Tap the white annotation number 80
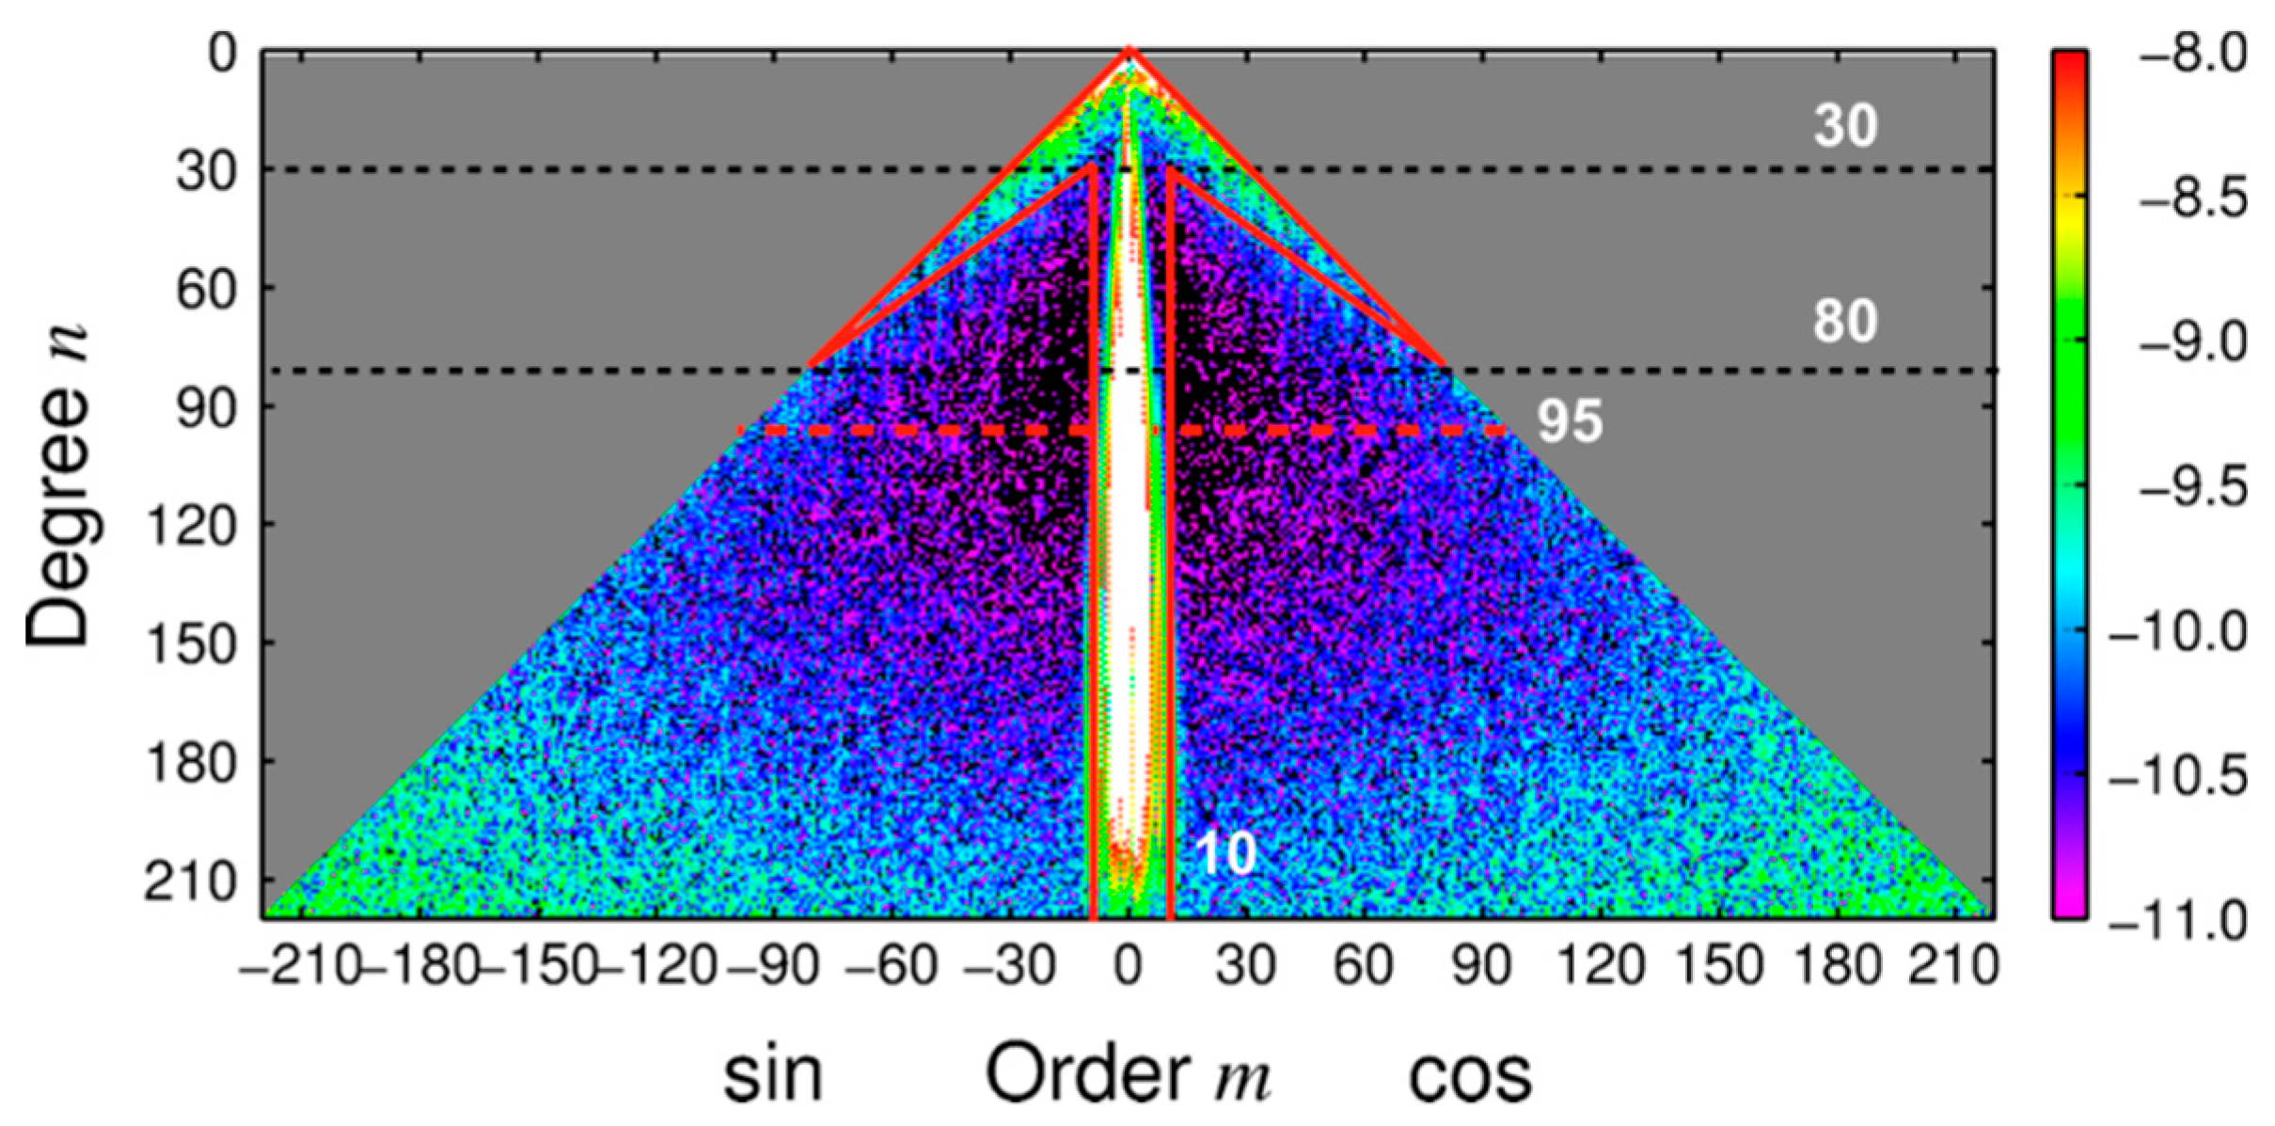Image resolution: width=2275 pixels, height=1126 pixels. [1844, 321]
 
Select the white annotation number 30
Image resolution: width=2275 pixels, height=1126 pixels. [1844, 125]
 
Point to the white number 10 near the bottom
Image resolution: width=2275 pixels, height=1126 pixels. [1225, 853]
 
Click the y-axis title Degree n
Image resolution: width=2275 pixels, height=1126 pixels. [58, 484]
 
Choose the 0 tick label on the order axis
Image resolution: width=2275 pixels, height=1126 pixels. [1129, 964]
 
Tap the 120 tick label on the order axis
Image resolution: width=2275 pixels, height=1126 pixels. [1601, 964]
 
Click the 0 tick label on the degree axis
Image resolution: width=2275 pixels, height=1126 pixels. [223, 53]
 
